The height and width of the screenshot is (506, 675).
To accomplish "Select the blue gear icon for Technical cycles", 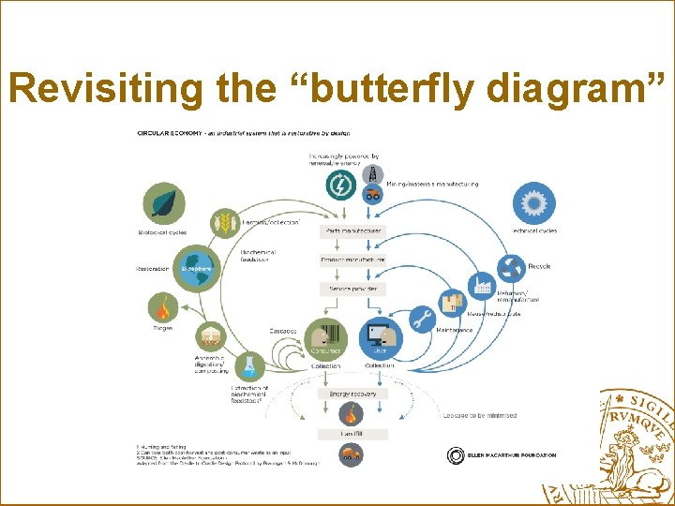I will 534,203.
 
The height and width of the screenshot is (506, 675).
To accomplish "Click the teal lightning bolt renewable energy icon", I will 341,186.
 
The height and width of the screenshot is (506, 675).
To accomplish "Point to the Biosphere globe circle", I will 197,267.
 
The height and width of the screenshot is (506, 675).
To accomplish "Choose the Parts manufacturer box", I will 352,231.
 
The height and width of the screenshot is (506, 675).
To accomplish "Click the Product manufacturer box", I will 352,260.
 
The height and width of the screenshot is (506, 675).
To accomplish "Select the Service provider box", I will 352,290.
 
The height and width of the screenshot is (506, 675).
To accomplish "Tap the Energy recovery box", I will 352,394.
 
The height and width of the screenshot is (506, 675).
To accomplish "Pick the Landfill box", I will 352,434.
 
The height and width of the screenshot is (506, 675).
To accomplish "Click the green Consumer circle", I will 325,340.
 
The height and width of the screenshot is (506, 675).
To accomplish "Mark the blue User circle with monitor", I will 380,340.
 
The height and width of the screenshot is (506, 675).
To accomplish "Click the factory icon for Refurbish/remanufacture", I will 482,284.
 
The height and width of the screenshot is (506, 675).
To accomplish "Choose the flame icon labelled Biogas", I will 163,306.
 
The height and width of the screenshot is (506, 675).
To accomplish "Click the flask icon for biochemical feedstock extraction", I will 250,366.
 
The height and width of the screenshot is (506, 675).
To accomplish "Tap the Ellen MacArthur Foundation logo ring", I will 456,456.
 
